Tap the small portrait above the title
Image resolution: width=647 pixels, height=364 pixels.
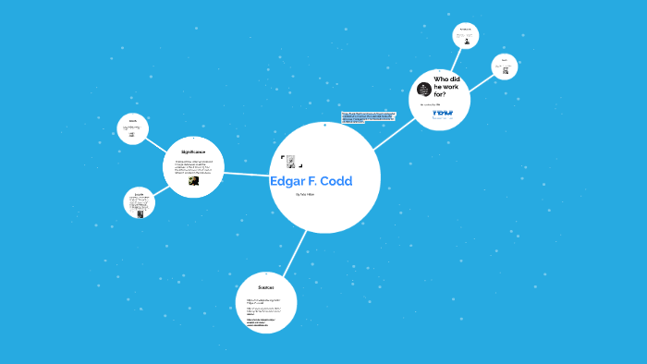(290, 161)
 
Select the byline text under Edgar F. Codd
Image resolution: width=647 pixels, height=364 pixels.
(305, 195)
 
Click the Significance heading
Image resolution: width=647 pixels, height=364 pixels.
(193, 151)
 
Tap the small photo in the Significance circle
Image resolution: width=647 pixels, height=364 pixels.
(193, 181)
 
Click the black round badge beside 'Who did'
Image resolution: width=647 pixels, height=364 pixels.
(423, 88)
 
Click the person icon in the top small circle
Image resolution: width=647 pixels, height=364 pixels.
(467, 41)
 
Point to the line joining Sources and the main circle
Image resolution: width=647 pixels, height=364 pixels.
(294, 250)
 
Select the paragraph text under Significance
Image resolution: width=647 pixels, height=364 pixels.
(193, 166)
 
